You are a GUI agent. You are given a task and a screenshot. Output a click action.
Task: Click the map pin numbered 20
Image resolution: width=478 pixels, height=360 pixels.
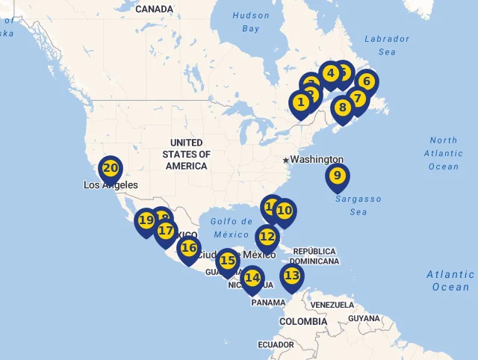(x=111, y=169)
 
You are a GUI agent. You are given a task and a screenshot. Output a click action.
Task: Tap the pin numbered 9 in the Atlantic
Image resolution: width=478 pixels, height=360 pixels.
(x=338, y=176)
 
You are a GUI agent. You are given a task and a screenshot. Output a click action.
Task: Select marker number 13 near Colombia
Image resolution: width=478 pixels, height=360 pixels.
(x=292, y=276)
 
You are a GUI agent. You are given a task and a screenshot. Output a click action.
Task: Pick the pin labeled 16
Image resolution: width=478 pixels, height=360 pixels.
(x=189, y=248)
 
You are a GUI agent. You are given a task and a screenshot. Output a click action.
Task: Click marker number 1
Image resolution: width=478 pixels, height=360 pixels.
(x=301, y=102)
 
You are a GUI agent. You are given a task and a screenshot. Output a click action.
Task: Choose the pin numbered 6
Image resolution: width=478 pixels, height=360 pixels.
(x=366, y=82)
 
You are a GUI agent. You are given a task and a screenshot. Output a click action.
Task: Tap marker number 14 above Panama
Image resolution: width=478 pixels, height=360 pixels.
(x=253, y=279)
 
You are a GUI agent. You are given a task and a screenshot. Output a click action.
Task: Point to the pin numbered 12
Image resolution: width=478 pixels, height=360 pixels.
(x=267, y=238)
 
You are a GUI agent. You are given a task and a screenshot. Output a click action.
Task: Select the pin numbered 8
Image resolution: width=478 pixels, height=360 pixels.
(x=343, y=108)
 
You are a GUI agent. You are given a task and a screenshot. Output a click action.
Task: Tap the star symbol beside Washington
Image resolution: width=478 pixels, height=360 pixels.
(x=285, y=160)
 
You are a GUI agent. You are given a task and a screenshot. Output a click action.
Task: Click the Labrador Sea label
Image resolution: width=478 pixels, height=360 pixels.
(x=387, y=45)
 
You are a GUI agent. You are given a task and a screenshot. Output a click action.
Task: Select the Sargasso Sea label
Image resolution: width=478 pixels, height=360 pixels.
(x=358, y=205)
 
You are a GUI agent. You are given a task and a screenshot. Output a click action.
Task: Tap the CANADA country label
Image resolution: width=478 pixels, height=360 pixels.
(x=155, y=9)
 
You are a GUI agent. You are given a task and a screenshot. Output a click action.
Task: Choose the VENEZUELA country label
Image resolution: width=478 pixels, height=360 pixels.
(x=332, y=305)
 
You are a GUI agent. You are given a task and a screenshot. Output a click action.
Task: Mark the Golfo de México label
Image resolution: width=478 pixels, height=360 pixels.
(x=232, y=227)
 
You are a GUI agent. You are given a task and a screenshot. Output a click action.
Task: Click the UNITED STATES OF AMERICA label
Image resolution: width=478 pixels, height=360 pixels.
(x=186, y=154)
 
